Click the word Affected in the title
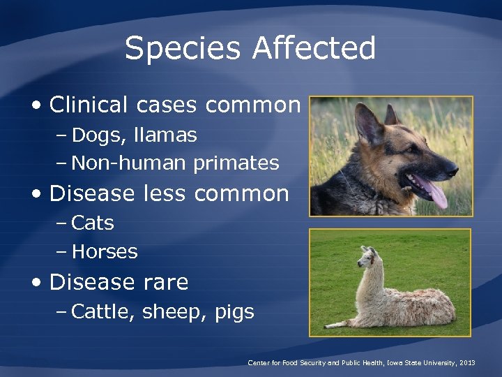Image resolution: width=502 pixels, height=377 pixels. [314, 49]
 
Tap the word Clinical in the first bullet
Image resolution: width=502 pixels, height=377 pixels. [89, 105]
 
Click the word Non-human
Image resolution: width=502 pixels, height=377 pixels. [129, 163]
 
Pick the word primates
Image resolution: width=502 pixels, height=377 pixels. [236, 163]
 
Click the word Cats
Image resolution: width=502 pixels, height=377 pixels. [93, 223]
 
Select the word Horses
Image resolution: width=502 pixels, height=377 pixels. [105, 252]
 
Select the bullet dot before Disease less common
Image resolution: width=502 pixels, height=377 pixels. [38, 194]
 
